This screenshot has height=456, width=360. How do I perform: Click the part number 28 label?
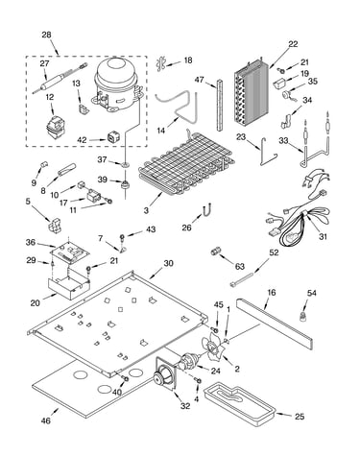(46, 35)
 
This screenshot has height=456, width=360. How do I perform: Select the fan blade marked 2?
(211, 347)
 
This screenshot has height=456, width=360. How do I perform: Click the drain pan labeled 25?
(240, 404)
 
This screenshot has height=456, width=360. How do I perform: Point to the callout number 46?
(46, 420)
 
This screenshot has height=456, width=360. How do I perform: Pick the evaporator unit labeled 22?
(252, 94)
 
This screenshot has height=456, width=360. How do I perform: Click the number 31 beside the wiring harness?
(324, 237)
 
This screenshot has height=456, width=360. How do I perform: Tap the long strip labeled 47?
(219, 105)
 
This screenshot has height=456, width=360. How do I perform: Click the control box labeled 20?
(69, 283)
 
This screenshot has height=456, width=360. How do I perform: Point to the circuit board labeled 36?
(70, 252)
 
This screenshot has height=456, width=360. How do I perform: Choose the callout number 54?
(312, 293)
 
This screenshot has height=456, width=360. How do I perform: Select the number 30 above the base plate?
(168, 263)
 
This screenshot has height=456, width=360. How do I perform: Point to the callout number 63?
(239, 266)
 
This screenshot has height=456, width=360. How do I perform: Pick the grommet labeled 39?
(124, 184)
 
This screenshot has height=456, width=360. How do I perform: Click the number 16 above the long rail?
(272, 293)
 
